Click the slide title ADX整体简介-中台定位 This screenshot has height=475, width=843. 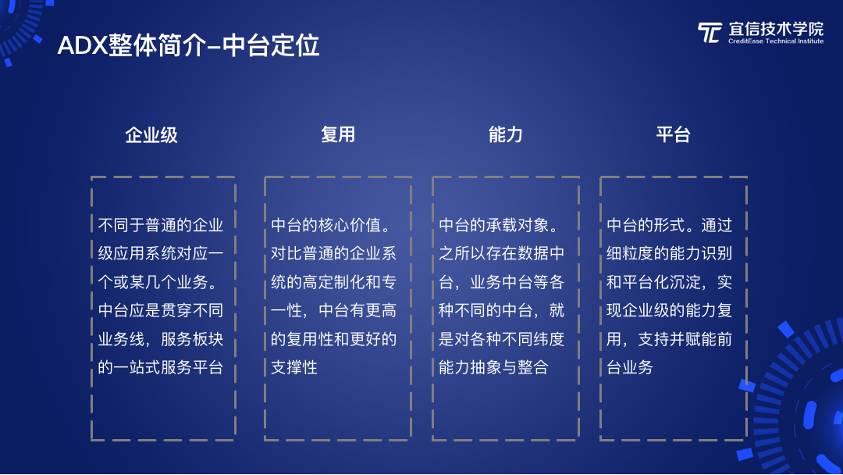[x=188, y=46]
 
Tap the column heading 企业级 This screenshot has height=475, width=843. [x=151, y=135]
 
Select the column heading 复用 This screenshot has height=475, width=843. [x=338, y=134]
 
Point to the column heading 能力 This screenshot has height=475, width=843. [x=505, y=134]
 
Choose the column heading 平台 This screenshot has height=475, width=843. [x=673, y=134]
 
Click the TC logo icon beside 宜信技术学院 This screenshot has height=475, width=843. [x=710, y=32]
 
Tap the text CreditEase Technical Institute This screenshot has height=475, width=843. [x=776, y=41]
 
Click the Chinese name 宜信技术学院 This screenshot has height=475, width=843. [x=776, y=29]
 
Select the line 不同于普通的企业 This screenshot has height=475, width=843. [x=160, y=225]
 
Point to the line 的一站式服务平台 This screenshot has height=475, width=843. [x=160, y=367]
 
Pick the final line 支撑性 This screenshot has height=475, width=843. [x=294, y=367]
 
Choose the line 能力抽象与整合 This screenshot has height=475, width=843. [x=493, y=367]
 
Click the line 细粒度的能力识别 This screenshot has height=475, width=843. [x=670, y=253]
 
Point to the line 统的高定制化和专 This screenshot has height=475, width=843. [x=333, y=282]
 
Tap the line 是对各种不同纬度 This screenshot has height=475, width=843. [x=501, y=339]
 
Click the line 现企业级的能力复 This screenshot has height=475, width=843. [x=670, y=310]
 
